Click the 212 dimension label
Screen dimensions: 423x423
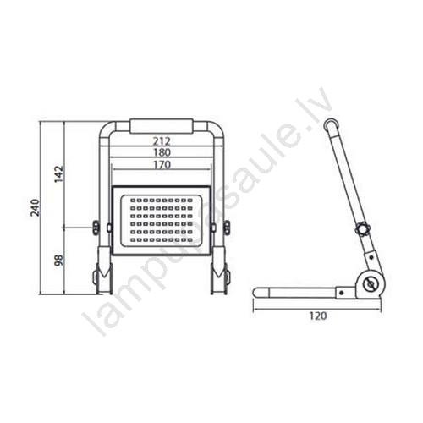162,140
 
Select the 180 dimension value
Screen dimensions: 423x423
162,152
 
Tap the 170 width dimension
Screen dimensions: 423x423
162,164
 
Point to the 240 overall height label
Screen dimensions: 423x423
36,207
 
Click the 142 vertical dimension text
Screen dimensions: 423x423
59,174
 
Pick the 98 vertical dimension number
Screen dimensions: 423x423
59,261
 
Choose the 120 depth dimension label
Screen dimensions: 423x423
318,316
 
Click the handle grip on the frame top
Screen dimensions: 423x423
162,126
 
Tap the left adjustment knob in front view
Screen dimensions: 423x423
96,228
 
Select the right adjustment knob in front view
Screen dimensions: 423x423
227,228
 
